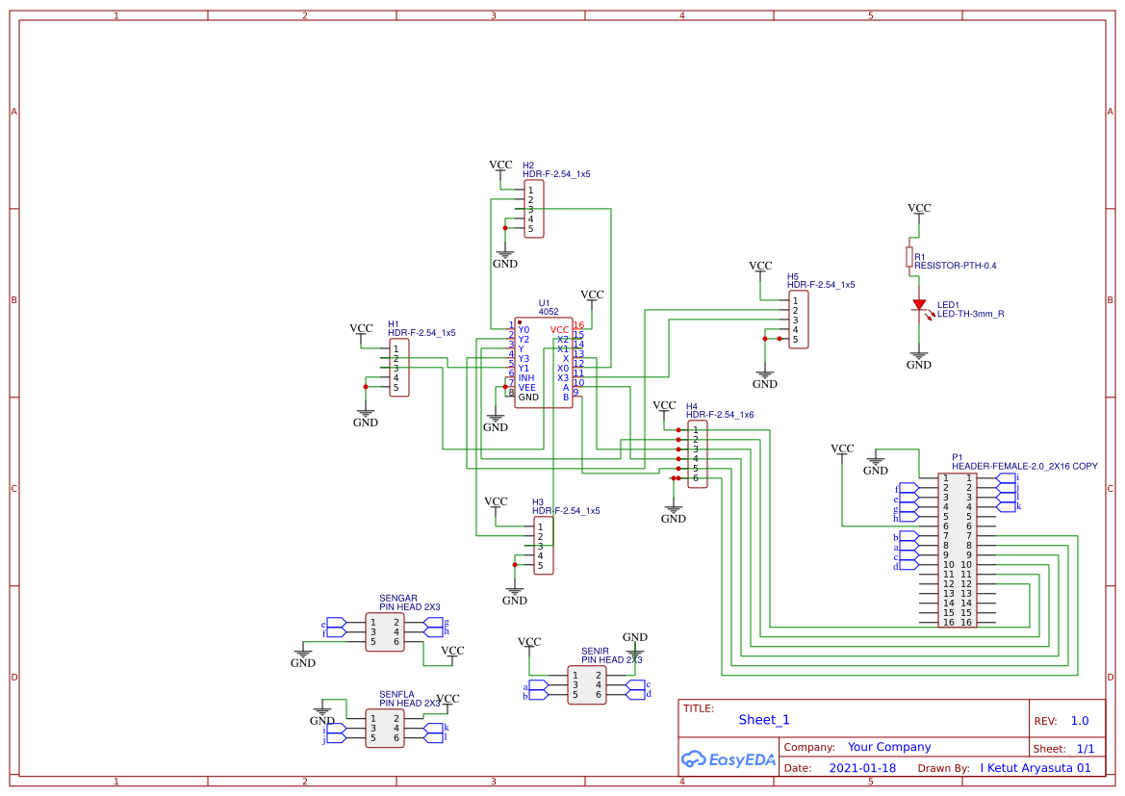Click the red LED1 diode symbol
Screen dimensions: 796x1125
pos(919,305)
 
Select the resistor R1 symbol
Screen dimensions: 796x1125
pos(909,256)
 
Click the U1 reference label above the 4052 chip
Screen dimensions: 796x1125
pos(544,302)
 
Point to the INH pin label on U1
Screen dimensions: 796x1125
pos(525,378)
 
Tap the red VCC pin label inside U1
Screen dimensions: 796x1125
pos(559,330)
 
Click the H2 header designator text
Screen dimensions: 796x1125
pos(528,166)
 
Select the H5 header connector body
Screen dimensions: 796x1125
pos(798,320)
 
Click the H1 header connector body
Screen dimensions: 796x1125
pos(398,368)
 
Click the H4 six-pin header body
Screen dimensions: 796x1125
pos(698,454)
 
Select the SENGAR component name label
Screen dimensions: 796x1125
pos(397,598)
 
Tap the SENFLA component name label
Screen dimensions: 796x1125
pos(396,693)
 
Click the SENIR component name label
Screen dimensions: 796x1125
pos(595,651)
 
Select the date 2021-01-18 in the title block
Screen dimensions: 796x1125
pos(861,768)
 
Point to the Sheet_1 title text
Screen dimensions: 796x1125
pos(764,720)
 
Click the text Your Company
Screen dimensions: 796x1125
pos(888,747)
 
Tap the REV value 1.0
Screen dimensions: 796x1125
pos(1080,721)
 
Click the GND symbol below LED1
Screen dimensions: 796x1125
pos(919,361)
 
